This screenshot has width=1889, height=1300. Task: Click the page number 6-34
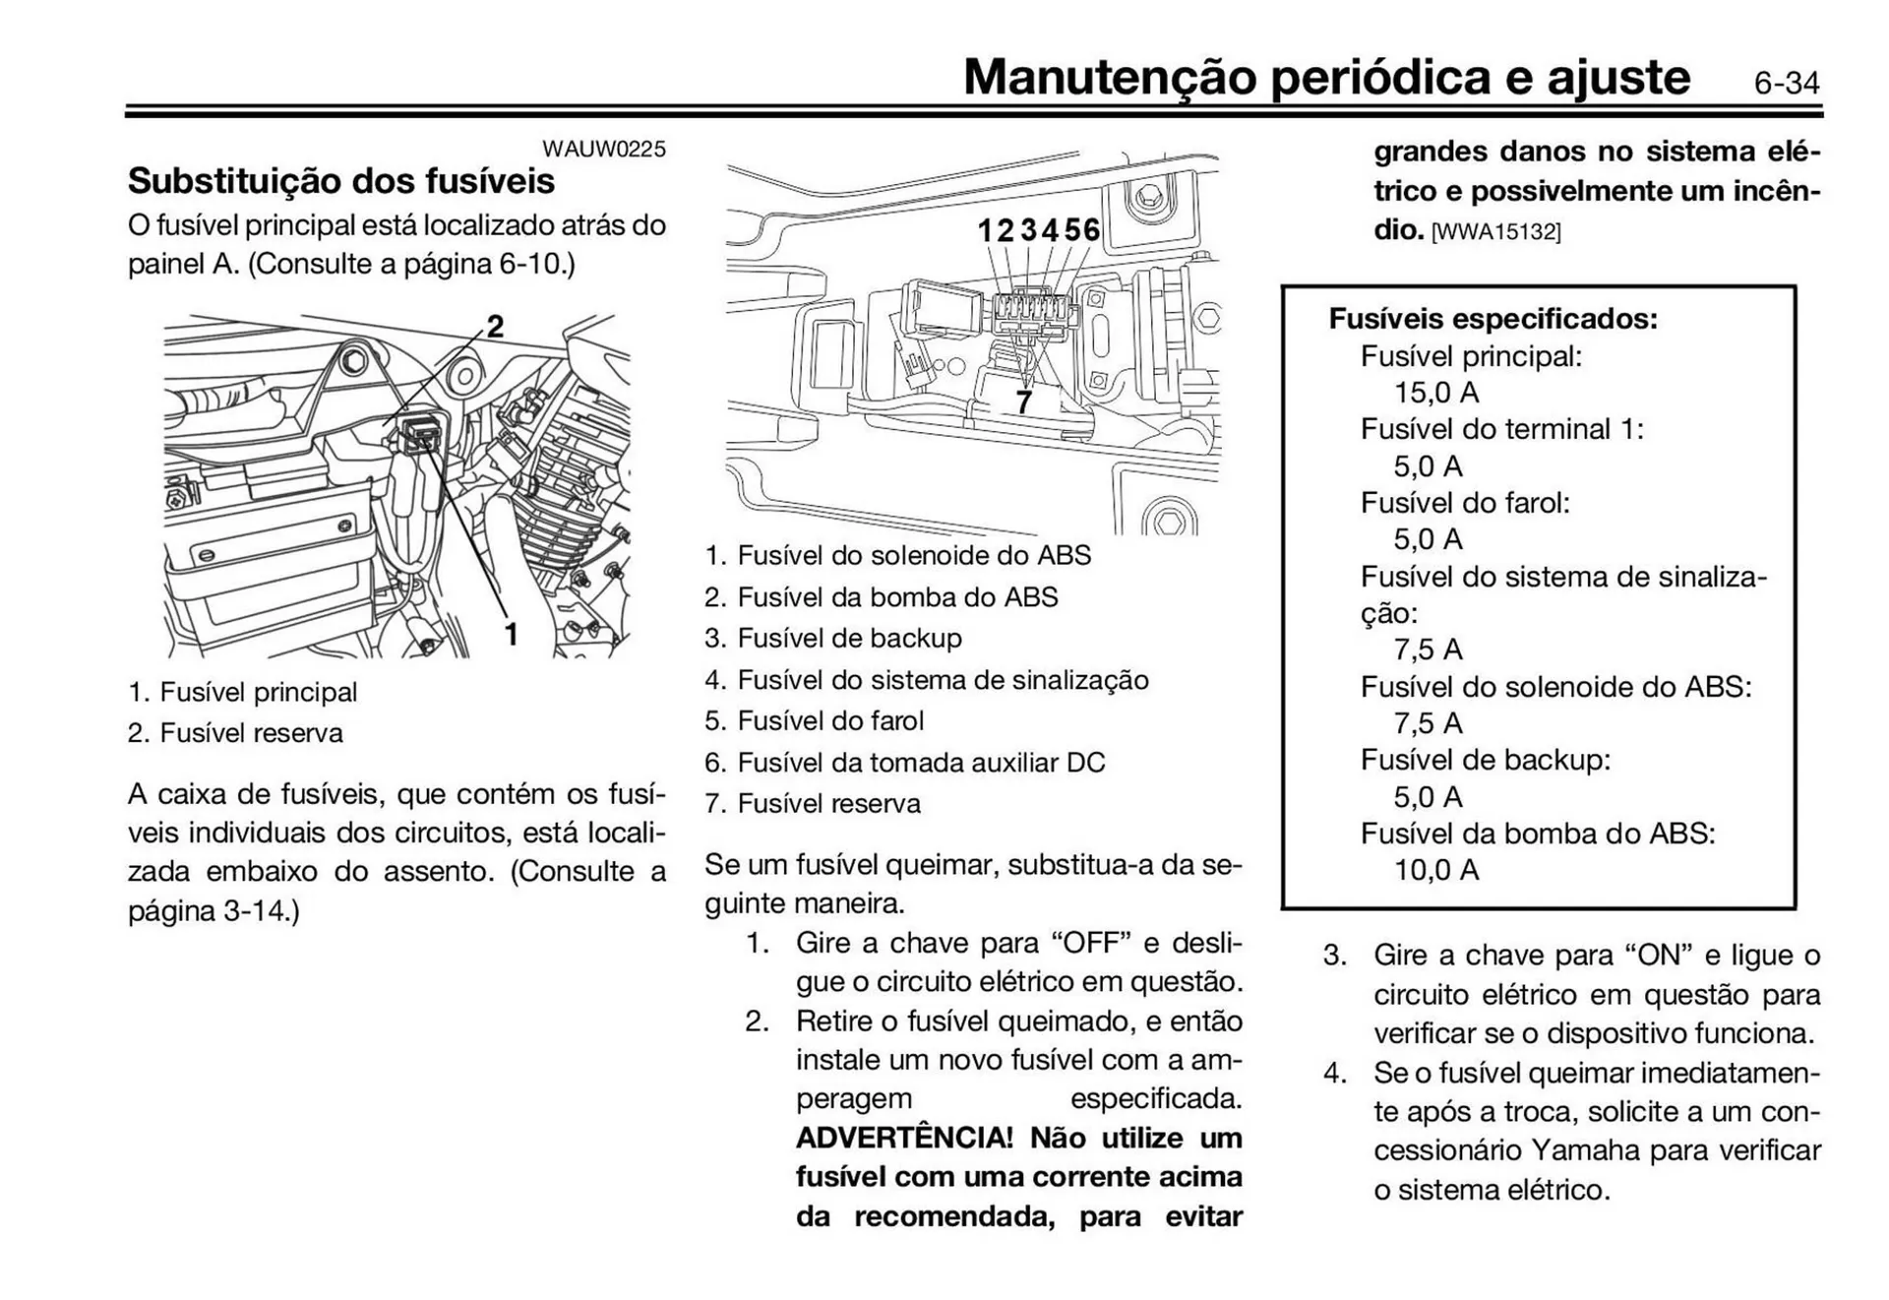pos(1786,83)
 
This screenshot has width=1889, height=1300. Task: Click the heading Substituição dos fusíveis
pos(340,181)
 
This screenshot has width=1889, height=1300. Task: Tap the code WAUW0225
pos(603,149)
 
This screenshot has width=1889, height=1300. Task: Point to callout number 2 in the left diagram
pos(495,326)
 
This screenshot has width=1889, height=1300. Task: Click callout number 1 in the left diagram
pos(511,635)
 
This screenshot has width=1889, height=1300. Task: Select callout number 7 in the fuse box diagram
pos(1024,402)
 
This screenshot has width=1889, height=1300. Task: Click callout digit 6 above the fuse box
pos(1091,230)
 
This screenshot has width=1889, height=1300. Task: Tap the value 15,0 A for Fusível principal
pos(1435,393)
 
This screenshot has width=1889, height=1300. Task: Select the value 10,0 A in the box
pos(1435,870)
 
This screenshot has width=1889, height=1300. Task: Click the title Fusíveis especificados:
pos(1493,319)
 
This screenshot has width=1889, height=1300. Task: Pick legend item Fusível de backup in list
pos(848,639)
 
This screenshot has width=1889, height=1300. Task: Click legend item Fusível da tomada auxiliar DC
pos(920,763)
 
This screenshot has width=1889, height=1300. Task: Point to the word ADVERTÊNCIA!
pos(903,1139)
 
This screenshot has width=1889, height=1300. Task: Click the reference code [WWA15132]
pos(1495,232)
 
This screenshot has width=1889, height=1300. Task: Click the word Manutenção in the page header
pos(1110,77)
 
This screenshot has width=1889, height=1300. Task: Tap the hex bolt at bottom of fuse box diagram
pos(1168,520)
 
